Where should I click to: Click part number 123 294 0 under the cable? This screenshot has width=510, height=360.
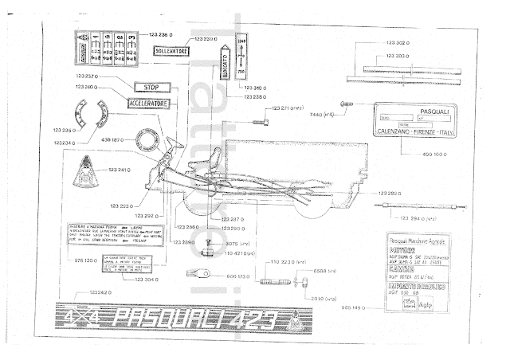click(x=409, y=218)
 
